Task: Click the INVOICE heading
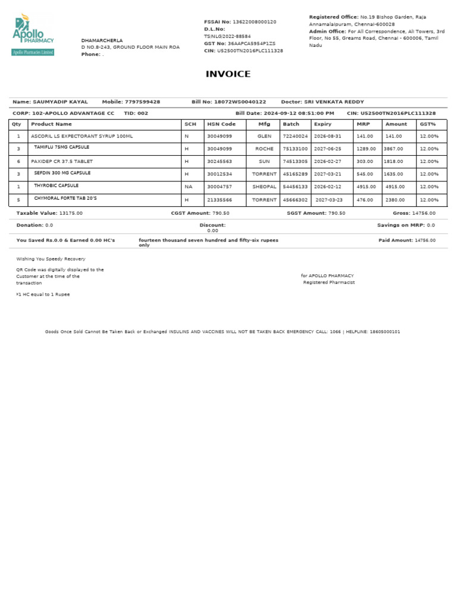point(228,74)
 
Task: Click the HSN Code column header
point(221,124)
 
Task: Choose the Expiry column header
point(323,124)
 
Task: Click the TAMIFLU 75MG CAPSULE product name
point(62,147)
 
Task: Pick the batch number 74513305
point(295,161)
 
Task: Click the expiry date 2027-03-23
point(329,200)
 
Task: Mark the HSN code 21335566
point(221,200)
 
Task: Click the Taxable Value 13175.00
point(71,213)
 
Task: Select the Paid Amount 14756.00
point(425,240)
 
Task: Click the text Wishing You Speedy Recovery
point(51,259)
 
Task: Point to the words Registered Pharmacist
point(328,282)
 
